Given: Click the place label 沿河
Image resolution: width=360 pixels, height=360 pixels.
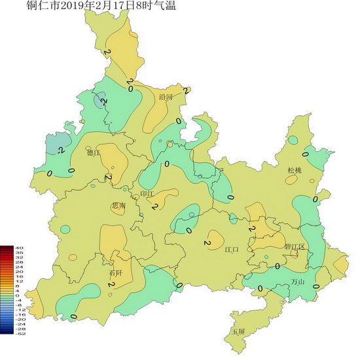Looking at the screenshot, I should (x=166, y=97).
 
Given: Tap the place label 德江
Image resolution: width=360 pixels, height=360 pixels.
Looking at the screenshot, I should (x=95, y=153).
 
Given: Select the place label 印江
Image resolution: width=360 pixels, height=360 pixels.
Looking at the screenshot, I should (x=147, y=194).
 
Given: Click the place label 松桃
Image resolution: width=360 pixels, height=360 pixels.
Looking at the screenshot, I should (x=295, y=170).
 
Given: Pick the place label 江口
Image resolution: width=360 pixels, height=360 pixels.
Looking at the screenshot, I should (x=232, y=249).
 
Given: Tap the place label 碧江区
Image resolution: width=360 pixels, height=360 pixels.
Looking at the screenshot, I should (x=295, y=246).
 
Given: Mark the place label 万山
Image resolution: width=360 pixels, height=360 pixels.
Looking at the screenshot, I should (x=298, y=282).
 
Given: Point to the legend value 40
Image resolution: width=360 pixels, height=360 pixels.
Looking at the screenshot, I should (x=19, y=247).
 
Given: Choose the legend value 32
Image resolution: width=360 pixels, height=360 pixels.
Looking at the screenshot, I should (x=19, y=257).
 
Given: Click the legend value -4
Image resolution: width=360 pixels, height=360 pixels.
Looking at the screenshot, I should (x=19, y=300).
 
